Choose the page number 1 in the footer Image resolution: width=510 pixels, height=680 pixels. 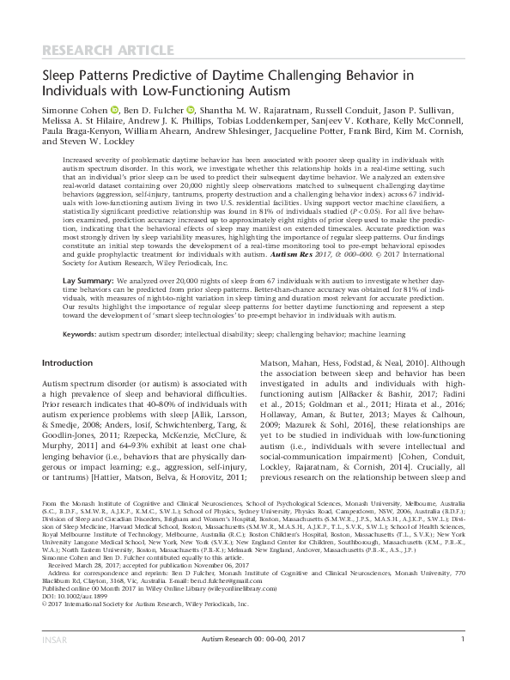[x=463, y=662]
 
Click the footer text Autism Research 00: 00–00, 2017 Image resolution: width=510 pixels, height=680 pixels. [x=254, y=662]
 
